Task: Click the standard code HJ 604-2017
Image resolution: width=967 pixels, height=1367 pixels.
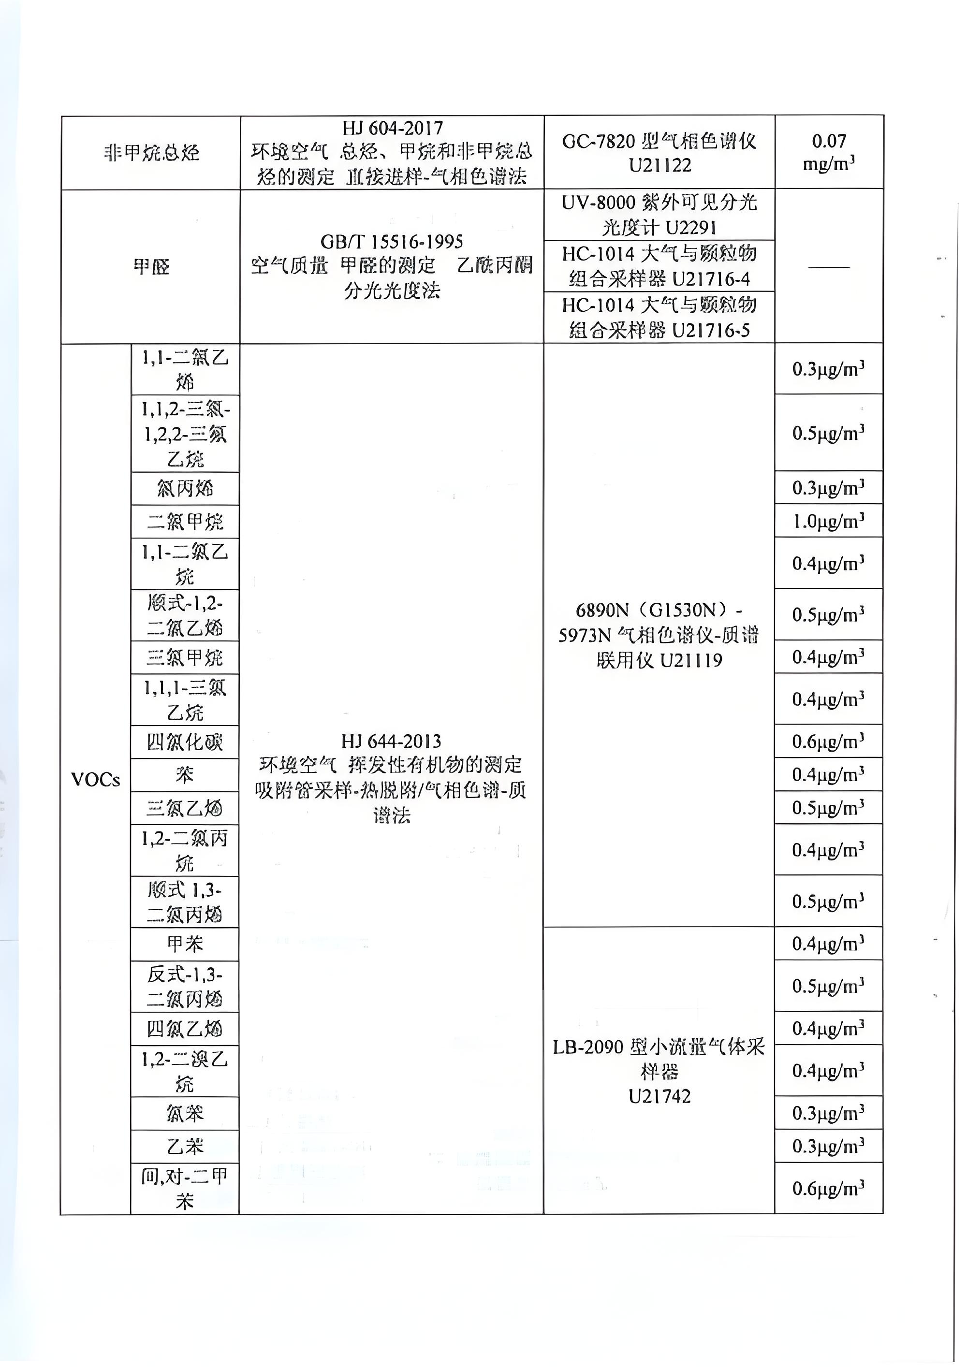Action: (x=393, y=128)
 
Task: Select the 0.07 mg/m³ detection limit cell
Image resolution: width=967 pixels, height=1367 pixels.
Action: (x=828, y=152)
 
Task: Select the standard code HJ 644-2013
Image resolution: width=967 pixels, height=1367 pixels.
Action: (x=391, y=741)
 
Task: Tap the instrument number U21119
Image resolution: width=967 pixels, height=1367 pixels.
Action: (x=691, y=660)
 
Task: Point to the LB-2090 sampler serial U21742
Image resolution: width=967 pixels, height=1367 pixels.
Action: (x=659, y=1096)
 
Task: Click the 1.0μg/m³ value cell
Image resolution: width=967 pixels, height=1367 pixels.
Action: (x=828, y=522)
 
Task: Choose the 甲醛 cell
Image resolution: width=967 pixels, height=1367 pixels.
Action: (x=151, y=266)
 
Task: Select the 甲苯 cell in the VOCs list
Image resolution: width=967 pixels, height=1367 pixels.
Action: (x=185, y=944)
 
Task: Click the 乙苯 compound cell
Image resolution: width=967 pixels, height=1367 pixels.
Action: (x=185, y=1146)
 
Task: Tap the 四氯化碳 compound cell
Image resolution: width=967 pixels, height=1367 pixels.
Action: (x=185, y=742)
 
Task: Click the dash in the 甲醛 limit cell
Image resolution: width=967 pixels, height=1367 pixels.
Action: (x=828, y=266)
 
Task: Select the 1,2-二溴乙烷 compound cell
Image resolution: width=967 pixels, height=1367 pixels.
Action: (x=185, y=1071)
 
